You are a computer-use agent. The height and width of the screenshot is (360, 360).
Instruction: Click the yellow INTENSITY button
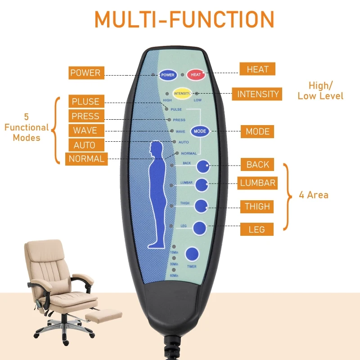coord(183,93)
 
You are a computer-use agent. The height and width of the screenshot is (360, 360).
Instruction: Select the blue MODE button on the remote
coord(200,131)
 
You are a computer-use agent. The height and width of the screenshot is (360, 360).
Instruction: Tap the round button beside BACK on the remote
coord(202,166)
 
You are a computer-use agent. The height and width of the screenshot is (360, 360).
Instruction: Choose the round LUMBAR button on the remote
coord(201,185)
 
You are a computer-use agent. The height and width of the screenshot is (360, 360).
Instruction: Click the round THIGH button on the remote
coord(201,206)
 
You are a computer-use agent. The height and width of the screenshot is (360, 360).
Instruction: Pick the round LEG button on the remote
coord(200,228)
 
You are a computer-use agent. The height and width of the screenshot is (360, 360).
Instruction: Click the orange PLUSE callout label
coord(85,101)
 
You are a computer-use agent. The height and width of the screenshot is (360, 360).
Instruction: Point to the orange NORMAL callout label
coord(86,159)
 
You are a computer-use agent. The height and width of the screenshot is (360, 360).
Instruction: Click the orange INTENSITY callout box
coord(258,94)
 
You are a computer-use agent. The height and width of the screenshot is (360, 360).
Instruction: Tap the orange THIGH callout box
coord(257,207)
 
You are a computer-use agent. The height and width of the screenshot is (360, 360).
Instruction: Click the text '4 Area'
coord(314,195)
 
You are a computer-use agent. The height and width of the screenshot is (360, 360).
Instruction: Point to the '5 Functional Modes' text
coord(27,127)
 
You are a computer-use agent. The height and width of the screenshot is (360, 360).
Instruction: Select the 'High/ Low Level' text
coord(320,90)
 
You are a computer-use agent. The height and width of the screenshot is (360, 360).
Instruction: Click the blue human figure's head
coord(156,148)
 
